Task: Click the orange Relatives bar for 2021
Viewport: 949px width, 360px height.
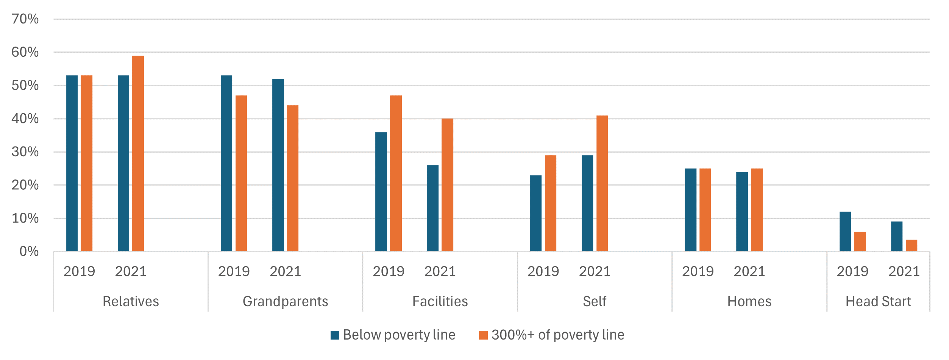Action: coord(138,153)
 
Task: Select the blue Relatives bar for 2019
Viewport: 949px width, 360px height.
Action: coord(72,163)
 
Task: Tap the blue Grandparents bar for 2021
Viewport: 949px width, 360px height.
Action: coord(278,165)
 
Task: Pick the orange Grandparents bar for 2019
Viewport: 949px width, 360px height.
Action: coord(241,173)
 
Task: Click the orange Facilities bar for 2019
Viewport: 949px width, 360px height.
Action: coord(396,173)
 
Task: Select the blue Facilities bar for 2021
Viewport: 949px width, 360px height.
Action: coord(433,208)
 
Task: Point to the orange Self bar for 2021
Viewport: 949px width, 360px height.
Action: coord(602,183)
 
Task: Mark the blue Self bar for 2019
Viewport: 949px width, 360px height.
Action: coord(536,213)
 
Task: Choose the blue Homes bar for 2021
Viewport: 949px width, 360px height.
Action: coord(742,212)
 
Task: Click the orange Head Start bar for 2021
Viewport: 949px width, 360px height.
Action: coord(912,245)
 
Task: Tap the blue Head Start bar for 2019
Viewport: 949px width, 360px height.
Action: coord(845,231)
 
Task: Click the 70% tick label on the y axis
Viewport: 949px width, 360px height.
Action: coord(25,19)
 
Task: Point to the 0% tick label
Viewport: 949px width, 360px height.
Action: coord(29,251)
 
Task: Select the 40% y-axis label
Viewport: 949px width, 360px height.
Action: coord(25,118)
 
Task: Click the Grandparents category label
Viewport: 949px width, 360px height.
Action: coord(285,301)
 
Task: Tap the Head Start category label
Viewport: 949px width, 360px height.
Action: coord(878,301)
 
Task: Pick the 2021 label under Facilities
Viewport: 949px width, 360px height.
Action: coord(440,271)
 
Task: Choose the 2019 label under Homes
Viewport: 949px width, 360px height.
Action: coord(698,271)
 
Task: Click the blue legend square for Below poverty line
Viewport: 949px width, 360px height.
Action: coord(335,335)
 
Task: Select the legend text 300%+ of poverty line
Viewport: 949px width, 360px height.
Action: coord(557,335)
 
